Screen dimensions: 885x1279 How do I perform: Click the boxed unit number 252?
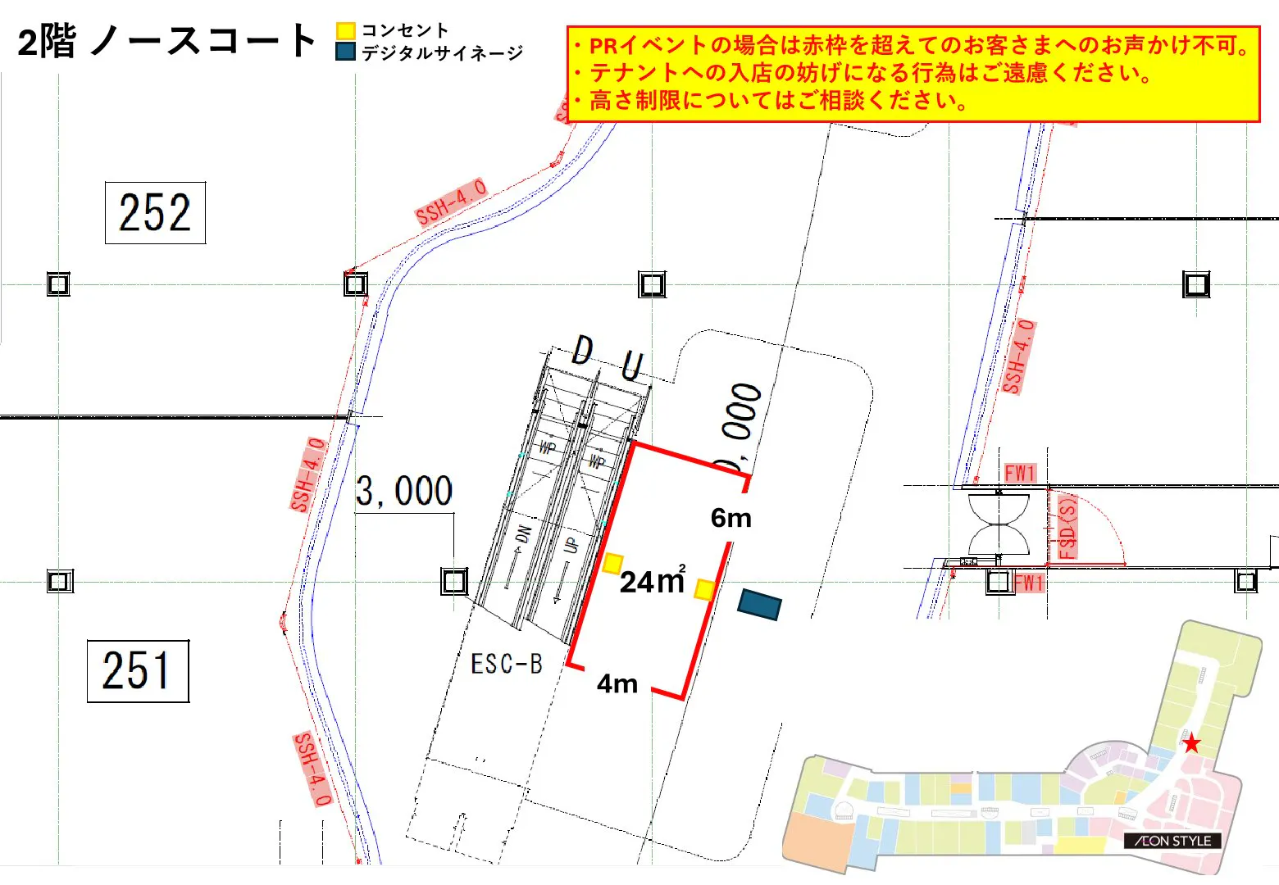(155, 213)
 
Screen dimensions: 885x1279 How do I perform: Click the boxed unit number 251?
(138, 671)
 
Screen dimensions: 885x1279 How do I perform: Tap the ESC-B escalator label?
(507, 664)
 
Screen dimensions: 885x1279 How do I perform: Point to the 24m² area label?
(652, 581)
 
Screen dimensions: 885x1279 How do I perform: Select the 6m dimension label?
(731, 518)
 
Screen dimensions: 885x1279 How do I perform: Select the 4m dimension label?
(617, 683)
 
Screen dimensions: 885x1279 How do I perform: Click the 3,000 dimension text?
(404, 492)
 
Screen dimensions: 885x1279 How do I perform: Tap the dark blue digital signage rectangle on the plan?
(759, 605)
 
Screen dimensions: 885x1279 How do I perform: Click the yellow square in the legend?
(345, 31)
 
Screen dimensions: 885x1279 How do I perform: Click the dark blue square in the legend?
(345, 52)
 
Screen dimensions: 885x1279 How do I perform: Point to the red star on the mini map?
(1191, 744)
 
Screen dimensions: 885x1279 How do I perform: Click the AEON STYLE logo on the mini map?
(1172, 841)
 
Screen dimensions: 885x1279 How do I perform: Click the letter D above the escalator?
(582, 351)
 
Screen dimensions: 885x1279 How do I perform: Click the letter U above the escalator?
(632, 365)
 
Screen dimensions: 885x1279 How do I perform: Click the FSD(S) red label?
(1067, 529)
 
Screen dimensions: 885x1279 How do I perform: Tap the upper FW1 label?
(1020, 473)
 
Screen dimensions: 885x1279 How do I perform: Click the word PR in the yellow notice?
(604, 46)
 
